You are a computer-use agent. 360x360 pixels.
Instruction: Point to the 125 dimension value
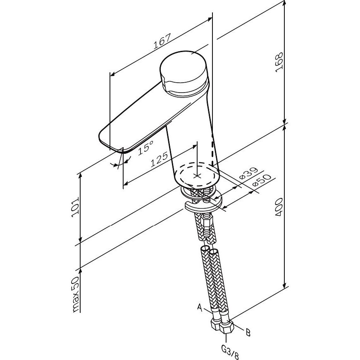pyautogui.click(x=159, y=160)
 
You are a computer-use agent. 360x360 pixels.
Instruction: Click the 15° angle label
pyautogui.click(x=146, y=147)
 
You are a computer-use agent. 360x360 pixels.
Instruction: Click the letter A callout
pyautogui.click(x=200, y=308)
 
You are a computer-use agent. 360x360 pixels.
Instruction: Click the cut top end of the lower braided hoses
pyautogui.click(x=209, y=250)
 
